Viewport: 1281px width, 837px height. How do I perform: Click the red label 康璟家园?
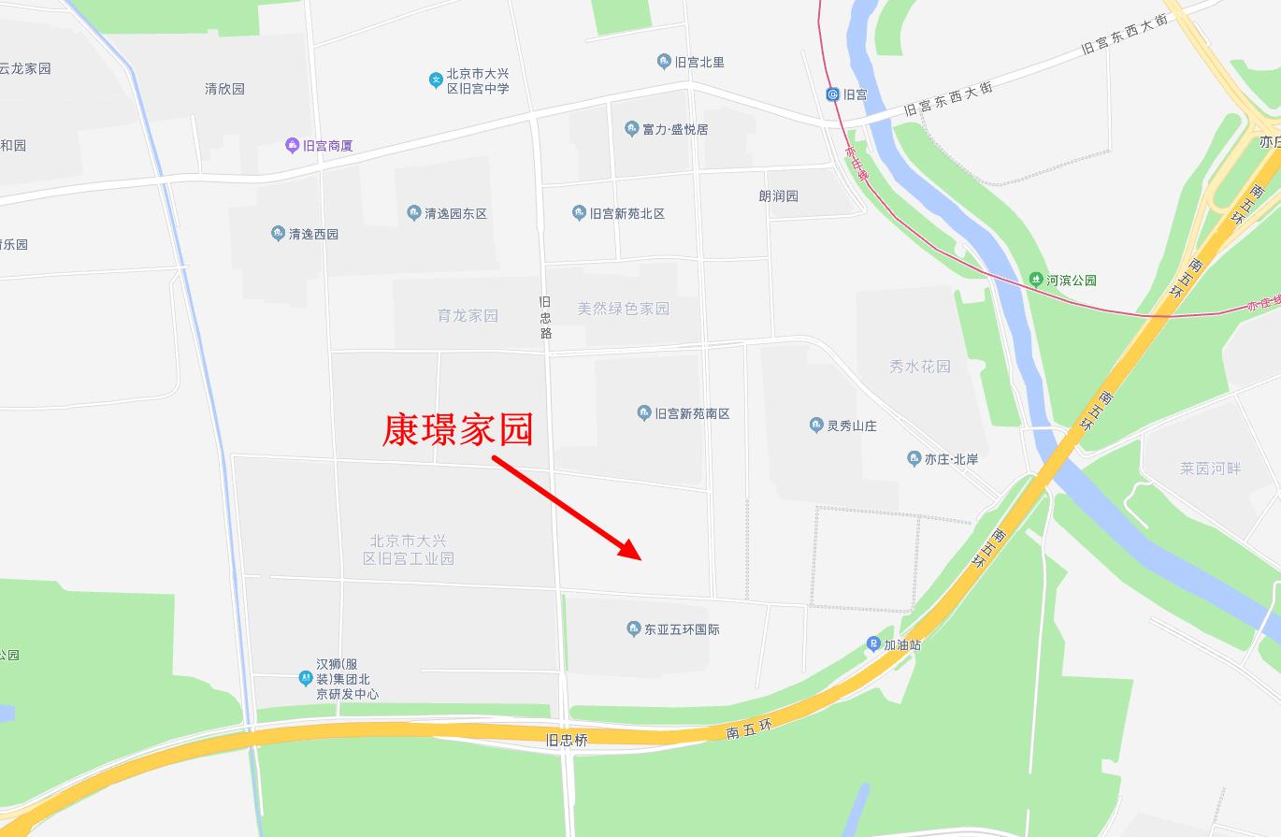coord(457,430)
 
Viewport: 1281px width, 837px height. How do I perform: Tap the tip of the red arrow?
coord(640,558)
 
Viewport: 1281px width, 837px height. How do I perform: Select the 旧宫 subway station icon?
coord(832,94)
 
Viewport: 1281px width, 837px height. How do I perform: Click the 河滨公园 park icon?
coord(1035,280)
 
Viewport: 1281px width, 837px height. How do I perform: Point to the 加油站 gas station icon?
coord(873,644)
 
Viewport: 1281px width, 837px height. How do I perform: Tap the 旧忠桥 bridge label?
coord(567,740)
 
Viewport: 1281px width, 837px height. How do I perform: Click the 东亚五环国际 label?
coord(682,629)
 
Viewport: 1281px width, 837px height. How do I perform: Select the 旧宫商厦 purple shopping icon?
coord(292,146)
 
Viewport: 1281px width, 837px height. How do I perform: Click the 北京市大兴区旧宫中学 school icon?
coord(436,80)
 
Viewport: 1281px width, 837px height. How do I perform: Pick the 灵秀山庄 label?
coord(851,426)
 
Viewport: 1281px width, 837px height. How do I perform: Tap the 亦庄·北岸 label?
coord(951,459)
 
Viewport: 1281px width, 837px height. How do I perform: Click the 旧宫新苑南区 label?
coord(691,413)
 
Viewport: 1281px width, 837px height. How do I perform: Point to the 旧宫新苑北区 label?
coord(626,213)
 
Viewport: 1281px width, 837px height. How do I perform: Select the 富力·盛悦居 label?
coord(675,129)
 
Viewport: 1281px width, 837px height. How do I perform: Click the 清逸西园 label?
coord(313,234)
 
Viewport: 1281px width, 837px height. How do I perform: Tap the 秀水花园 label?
coord(919,367)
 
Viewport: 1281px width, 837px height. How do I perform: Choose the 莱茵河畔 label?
coord(1210,468)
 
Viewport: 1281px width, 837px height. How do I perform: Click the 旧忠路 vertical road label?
coord(546,318)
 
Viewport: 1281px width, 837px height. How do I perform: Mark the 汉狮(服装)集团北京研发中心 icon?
coord(306,677)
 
